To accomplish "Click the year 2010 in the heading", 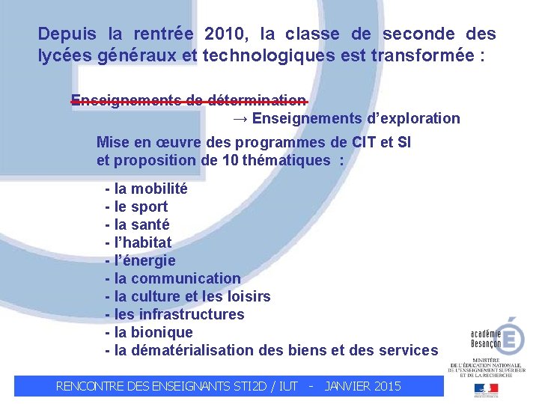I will [x=225, y=34].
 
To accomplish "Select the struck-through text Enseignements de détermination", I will [x=189, y=101].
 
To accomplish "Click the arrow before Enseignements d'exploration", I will [x=240, y=119].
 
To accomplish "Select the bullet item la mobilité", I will [x=147, y=189].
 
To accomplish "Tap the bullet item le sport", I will [x=137, y=206].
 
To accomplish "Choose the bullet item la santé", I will [x=138, y=224].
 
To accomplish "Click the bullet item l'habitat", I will [x=138, y=242].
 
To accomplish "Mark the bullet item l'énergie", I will [x=141, y=260].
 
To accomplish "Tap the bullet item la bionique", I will [x=149, y=332].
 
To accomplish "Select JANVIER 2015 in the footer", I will [x=363, y=386].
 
